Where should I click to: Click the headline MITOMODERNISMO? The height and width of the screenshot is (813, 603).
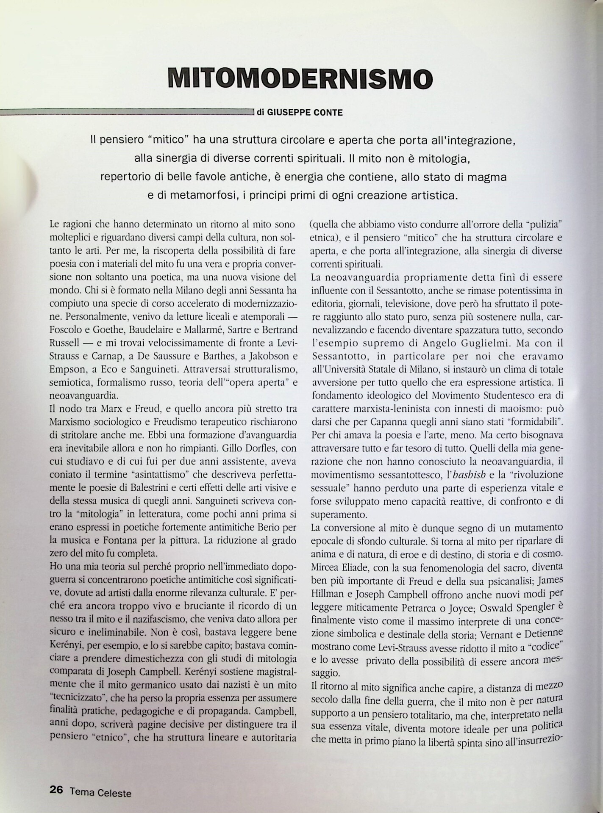click(x=300, y=78)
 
